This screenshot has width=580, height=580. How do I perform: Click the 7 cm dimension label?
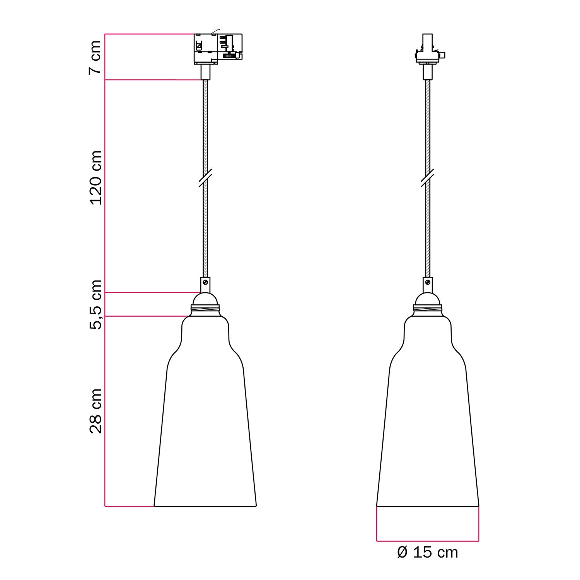[95, 57]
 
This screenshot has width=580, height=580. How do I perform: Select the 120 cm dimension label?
[95, 177]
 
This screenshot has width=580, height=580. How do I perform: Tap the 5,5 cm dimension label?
[95, 304]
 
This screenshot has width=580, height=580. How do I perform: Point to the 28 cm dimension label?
[95, 411]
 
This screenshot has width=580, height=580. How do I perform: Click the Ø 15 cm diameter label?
[427, 553]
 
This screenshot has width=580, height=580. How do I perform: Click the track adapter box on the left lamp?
[218, 48]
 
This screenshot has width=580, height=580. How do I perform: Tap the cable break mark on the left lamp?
[205, 178]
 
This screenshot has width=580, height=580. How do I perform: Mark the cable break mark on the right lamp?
[428, 178]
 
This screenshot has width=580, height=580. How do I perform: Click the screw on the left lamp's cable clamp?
[206, 282]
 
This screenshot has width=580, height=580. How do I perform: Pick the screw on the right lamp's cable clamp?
[428, 282]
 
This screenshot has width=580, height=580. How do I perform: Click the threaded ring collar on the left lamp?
[205, 309]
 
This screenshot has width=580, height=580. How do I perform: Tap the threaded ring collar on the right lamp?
[428, 309]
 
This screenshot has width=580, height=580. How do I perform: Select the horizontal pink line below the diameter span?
[427, 541]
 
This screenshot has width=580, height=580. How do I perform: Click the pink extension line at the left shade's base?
[130, 506]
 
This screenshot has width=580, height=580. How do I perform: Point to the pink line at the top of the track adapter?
[149, 34]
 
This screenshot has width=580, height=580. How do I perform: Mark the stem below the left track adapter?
[205, 72]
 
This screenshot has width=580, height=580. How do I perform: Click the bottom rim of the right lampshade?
[428, 506]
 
